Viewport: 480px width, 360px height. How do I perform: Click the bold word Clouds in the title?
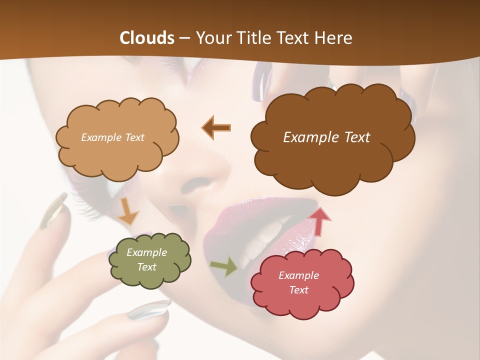(147, 38)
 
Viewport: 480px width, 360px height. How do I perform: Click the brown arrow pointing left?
(216, 127)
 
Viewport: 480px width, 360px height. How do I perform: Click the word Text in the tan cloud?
(133, 137)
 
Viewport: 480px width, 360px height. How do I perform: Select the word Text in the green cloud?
(146, 267)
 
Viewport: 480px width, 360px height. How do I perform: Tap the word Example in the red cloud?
(298, 275)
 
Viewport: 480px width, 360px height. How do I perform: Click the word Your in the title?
(212, 38)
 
